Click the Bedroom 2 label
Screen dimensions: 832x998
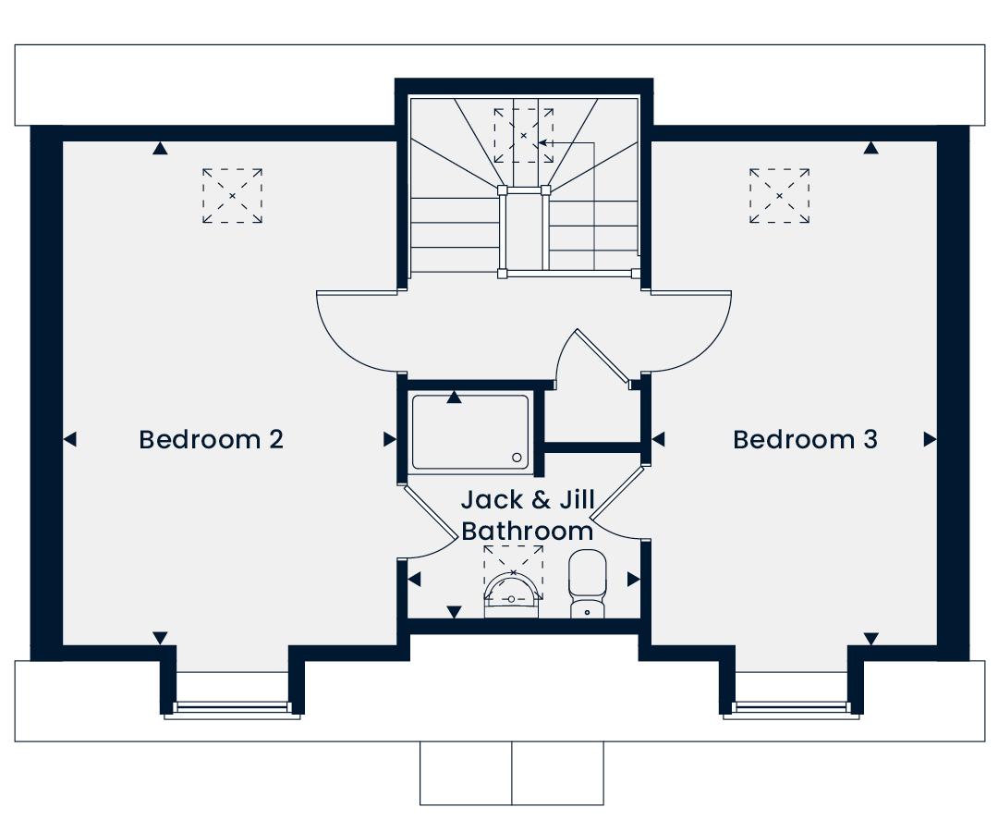211,439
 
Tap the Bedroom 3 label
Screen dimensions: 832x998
805,439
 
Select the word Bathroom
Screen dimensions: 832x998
527,532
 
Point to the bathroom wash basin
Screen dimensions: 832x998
512,591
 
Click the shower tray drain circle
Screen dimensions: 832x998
517,457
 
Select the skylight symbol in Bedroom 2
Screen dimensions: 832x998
232,195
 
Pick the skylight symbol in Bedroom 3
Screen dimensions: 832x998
780,195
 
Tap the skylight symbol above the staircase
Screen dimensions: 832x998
523,135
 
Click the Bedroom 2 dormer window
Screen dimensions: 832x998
232,709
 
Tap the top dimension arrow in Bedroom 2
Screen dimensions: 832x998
161,148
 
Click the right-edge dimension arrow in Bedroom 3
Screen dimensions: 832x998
930,440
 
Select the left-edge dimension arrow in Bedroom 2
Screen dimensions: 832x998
70,440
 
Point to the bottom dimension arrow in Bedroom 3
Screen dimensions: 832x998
870,638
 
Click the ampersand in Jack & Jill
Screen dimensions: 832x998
542,501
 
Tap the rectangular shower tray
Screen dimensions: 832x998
469,431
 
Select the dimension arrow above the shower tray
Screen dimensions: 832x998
454,398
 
